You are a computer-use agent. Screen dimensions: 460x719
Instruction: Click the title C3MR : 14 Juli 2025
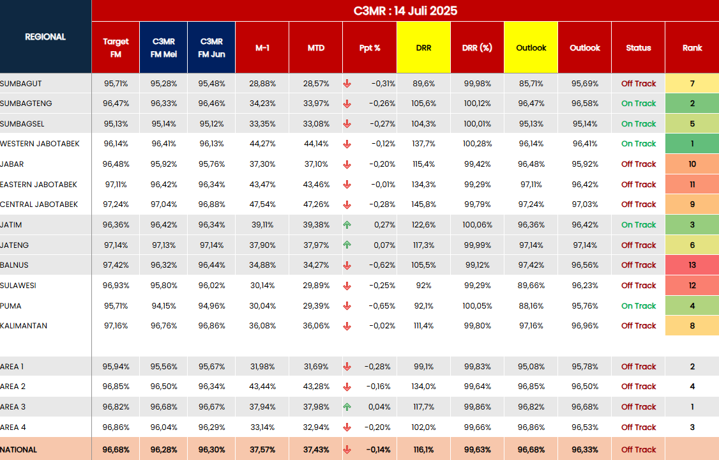coord(405,11)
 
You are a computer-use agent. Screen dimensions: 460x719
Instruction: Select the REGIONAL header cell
coord(45,37)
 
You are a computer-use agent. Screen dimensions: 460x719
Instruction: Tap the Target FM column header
coord(116,48)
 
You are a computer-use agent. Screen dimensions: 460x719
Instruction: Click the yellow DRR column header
coord(423,48)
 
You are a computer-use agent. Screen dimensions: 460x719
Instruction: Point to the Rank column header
coord(692,48)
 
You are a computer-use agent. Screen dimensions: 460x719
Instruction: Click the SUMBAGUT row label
coord(21,84)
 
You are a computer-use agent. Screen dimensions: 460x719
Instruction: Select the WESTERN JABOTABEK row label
coord(40,144)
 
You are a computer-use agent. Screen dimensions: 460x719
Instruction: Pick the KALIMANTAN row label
coord(24,326)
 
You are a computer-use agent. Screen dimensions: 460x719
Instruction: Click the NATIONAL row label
coord(19,450)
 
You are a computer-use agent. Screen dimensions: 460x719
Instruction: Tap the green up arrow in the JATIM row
coord(347,225)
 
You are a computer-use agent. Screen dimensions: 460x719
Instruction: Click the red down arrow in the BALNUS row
coord(347,265)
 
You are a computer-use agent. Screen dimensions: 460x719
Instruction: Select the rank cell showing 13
coord(692,265)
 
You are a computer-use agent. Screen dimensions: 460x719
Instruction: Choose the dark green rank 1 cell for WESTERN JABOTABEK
coord(692,144)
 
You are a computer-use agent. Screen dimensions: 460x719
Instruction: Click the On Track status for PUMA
coord(639,306)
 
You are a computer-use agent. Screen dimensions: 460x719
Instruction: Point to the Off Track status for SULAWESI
coord(639,286)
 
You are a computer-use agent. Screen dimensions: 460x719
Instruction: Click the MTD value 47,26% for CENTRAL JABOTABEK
coord(315,204)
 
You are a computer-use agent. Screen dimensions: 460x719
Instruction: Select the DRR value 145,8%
coord(423,204)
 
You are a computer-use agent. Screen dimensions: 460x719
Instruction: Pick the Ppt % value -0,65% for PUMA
coord(380,306)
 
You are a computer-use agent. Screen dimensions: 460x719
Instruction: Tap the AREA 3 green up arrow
coord(347,407)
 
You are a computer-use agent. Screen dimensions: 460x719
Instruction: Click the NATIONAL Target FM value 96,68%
coord(116,450)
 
